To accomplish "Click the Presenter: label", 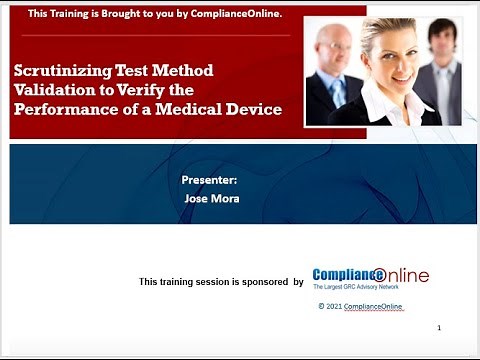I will pos(209,180).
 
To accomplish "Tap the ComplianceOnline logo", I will pos(370,277).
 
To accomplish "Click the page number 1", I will pos(439,328).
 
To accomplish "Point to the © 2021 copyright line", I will pos(361,307).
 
